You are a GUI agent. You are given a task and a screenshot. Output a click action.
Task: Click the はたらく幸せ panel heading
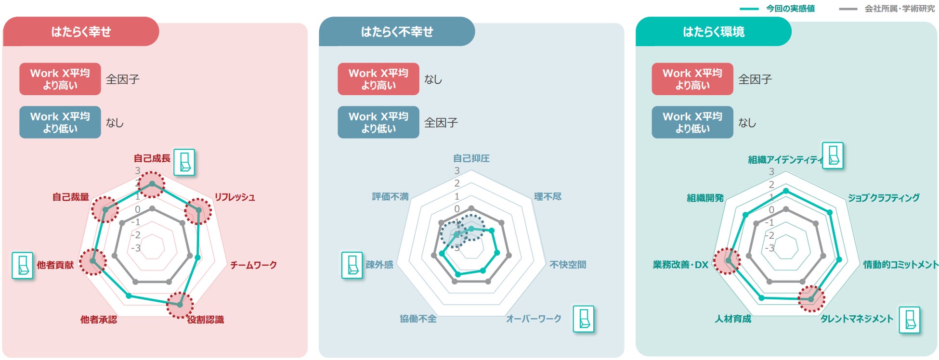(x=81, y=32)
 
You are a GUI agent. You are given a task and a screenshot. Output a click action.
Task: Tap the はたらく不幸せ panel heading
(x=397, y=32)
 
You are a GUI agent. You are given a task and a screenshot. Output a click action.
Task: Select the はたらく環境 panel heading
(x=713, y=32)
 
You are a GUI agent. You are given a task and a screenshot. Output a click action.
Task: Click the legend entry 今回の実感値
(x=790, y=9)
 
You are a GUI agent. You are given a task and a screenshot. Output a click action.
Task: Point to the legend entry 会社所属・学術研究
(x=899, y=9)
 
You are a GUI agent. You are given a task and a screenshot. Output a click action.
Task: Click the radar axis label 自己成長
(x=152, y=158)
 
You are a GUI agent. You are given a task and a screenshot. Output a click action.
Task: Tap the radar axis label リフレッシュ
(x=235, y=197)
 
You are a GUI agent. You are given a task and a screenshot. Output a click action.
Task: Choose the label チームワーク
(x=253, y=265)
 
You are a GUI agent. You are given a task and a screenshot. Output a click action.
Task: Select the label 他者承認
(x=99, y=320)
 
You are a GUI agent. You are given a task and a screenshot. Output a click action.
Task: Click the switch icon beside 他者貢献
(x=23, y=265)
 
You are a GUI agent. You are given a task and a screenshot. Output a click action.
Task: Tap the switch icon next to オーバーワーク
(x=583, y=319)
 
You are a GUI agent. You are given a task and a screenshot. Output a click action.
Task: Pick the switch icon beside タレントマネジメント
(x=910, y=320)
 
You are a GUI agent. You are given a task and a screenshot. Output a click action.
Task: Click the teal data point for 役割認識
(x=180, y=305)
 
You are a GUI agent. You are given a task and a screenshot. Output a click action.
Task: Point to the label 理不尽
(x=548, y=196)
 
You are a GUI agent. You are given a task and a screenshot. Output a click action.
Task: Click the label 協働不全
(x=418, y=319)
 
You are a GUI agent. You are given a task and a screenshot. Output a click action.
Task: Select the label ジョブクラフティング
(x=883, y=197)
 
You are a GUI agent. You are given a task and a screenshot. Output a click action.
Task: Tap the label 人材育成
(x=732, y=319)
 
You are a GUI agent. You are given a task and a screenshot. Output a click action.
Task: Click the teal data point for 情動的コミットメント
(x=839, y=260)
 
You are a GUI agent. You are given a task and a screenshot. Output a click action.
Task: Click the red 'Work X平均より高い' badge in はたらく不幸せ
(x=378, y=79)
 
